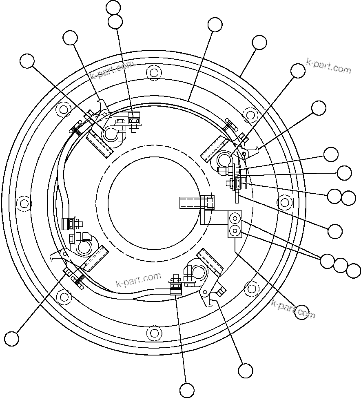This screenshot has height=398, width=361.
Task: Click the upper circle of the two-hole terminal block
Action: coord(235,217)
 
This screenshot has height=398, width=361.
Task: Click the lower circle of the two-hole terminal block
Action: coord(235,231)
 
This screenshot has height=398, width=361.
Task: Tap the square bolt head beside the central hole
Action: coord(209,202)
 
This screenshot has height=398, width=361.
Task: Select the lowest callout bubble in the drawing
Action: coord(187,390)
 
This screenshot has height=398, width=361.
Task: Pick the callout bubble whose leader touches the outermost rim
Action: coord(259,42)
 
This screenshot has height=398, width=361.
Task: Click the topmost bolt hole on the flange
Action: coord(153,73)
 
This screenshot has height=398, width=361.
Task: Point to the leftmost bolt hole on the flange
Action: coord(24,203)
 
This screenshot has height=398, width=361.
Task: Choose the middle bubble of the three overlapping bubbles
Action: coord(341,265)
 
